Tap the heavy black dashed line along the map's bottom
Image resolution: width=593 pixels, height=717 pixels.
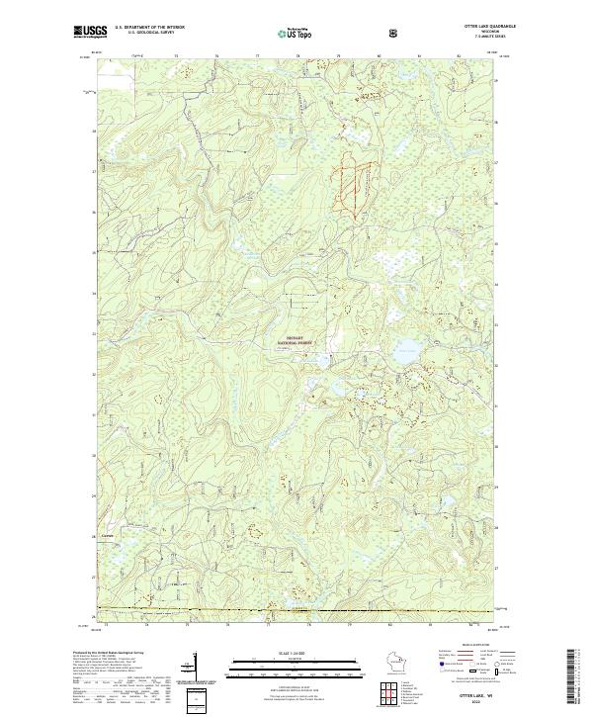tap(296, 611)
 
